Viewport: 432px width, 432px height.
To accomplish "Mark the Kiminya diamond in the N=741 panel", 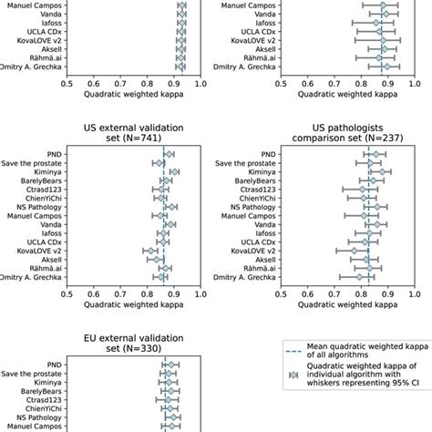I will [x=174, y=171].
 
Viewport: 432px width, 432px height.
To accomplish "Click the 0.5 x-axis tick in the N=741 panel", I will [x=67, y=294].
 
